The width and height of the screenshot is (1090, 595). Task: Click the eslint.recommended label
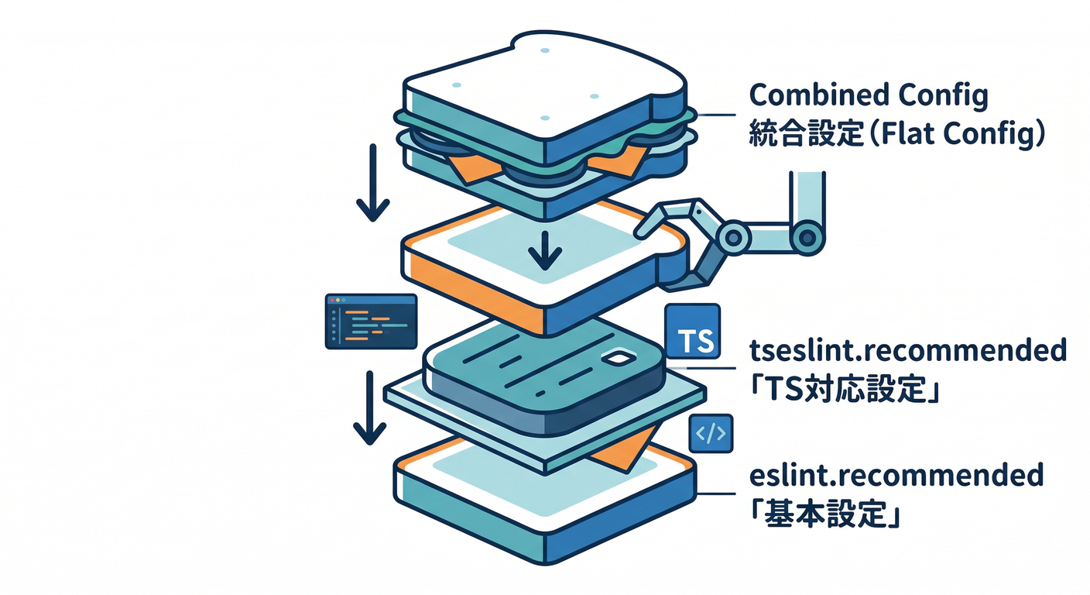pos(896,475)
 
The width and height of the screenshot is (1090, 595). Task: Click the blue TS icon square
pos(693,334)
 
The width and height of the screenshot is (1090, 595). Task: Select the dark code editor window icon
pos(371,322)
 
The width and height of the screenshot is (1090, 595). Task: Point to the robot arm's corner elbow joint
pos(807,232)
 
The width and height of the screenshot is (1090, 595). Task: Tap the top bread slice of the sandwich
pos(542,85)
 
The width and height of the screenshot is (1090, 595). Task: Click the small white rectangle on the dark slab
pos(620,359)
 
